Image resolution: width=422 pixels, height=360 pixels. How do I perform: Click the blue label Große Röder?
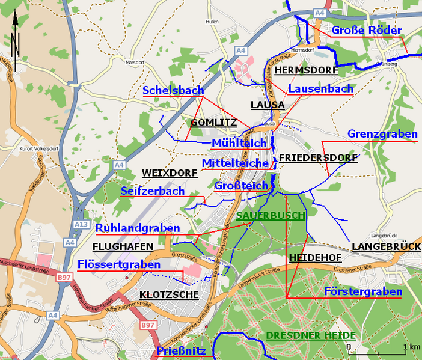coord(367,30)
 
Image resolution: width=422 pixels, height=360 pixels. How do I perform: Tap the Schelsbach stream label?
coord(173,90)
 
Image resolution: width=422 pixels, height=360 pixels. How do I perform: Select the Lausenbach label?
coord(321,88)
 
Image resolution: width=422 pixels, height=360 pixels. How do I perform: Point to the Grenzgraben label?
coord(382,134)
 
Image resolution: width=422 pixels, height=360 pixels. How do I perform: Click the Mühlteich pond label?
coord(239,143)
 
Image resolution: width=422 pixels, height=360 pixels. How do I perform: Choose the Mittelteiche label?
coord(235,163)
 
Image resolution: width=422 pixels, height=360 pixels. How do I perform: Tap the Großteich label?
coord(241,186)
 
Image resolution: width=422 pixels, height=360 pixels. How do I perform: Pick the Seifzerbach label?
coord(153,191)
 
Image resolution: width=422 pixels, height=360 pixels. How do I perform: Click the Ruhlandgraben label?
coord(138,228)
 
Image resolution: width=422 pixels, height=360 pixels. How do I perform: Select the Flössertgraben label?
coord(119,264)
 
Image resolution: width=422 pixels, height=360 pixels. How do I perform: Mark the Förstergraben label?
coord(362,291)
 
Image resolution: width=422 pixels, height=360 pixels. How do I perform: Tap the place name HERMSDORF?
coord(306,70)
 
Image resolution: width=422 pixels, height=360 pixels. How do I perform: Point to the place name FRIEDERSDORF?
coord(318,158)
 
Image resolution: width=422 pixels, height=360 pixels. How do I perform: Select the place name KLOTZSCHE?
coord(169,295)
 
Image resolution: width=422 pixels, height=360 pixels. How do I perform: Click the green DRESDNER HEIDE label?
coord(311,335)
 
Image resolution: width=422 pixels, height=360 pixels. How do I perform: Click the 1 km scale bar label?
coord(411,347)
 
